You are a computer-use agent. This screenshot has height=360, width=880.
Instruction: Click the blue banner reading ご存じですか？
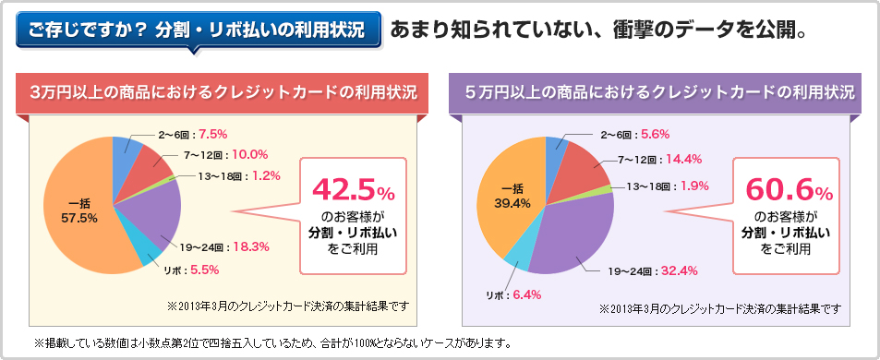pyautogui.click(x=198, y=30)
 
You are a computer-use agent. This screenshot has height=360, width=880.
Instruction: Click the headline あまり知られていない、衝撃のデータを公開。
pyautogui.click(x=599, y=30)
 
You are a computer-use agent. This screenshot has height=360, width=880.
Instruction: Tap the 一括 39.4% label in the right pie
pyautogui.click(x=514, y=197)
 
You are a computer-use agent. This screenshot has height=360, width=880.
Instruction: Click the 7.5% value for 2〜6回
pyautogui.click(x=212, y=134)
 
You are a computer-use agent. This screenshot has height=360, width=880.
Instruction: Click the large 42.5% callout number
pyautogui.click(x=353, y=190)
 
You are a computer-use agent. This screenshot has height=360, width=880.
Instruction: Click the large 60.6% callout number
pyautogui.click(x=787, y=190)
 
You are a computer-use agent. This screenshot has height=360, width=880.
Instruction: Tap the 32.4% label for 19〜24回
pyautogui.click(x=679, y=270)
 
